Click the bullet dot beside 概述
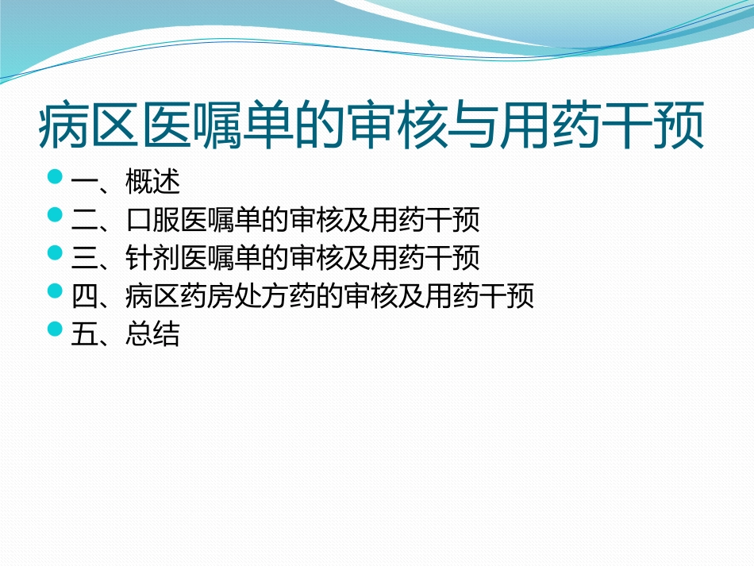tap(55, 176)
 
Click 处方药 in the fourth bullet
tap(275, 297)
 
